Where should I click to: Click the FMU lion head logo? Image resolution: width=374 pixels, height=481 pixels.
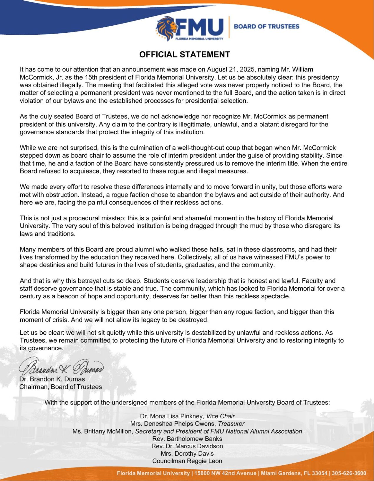[166, 28]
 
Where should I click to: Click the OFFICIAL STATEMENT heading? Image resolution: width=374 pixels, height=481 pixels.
[185, 54]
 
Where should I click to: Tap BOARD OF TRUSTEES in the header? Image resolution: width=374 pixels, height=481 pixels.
[266, 27]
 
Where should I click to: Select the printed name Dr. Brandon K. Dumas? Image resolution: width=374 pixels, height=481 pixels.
[52, 379]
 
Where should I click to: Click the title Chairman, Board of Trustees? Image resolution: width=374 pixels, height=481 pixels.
[61, 387]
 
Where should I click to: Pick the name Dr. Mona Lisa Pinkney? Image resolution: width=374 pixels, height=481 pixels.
[172, 416]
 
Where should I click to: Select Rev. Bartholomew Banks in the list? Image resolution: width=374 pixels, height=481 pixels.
[187, 439]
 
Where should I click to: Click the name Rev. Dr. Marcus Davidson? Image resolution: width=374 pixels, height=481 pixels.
[187, 446]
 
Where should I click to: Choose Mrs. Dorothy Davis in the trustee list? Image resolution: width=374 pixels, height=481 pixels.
[187, 454]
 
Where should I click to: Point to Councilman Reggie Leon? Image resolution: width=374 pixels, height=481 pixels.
[187, 461]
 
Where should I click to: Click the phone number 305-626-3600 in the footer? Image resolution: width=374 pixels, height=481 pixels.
[349, 473]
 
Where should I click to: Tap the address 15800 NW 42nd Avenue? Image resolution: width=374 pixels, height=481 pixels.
[225, 473]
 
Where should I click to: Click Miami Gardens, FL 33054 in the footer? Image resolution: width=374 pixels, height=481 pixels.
[294, 473]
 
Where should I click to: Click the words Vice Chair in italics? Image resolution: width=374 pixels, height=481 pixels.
[220, 416]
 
